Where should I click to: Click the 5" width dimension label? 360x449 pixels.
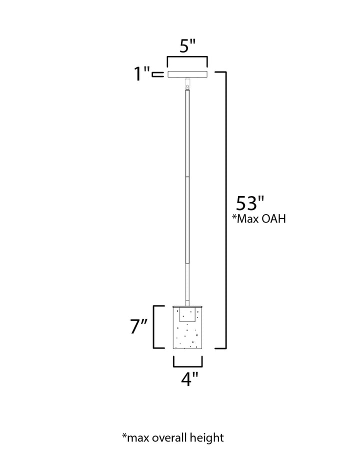(187, 46)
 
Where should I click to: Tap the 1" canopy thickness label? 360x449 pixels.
(142, 73)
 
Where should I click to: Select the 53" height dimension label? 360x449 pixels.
(249, 203)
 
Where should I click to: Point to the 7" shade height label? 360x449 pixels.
(138, 326)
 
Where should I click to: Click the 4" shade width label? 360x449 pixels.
(189, 379)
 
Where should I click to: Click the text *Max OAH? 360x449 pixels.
(259, 219)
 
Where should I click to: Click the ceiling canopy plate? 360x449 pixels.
(187, 74)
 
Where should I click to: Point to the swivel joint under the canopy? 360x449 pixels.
(187, 83)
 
